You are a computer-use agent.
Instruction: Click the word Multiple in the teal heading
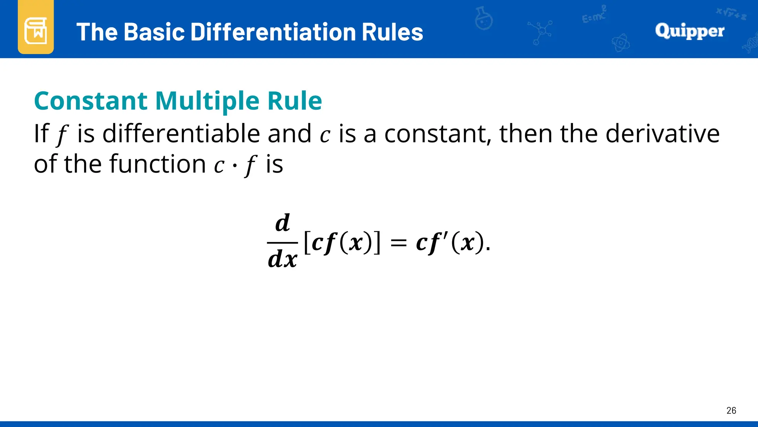[x=207, y=101]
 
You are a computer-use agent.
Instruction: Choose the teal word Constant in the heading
[x=91, y=101]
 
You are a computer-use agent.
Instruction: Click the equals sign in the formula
[x=399, y=244]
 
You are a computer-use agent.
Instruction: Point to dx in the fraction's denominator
[x=282, y=259]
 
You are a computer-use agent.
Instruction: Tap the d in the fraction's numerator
[x=282, y=223]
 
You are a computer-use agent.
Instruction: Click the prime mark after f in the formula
[x=445, y=236]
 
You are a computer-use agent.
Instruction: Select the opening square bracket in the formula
[x=307, y=243]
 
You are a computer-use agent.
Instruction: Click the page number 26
[x=731, y=410]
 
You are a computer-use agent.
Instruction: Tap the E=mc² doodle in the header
[x=594, y=15]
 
